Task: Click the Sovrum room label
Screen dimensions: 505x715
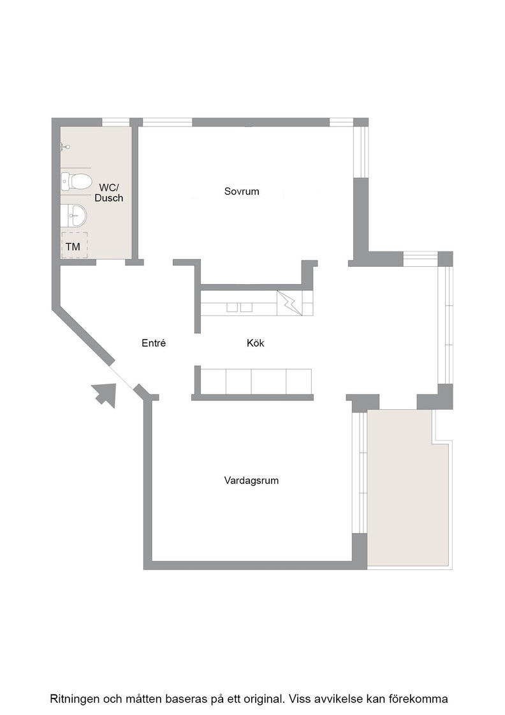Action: pos(242,192)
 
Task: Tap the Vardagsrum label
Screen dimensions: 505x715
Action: pos(251,481)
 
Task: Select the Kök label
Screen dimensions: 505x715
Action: pos(256,343)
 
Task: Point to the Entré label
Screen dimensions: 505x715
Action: pos(154,343)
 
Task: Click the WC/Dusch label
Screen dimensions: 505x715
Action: pos(109,192)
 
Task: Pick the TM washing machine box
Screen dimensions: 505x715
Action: pos(74,245)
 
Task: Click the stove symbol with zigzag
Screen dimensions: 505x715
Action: pos(289,303)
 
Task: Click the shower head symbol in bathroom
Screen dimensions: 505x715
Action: pos(64,147)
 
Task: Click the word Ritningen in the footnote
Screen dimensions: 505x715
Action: pos(74,698)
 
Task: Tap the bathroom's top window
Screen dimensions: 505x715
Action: pos(115,122)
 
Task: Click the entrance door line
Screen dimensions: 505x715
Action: pos(124,377)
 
